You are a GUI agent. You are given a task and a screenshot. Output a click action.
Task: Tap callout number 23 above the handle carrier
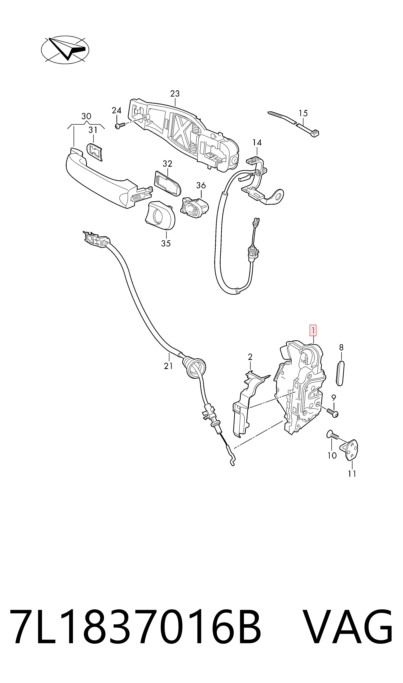coord(175,94)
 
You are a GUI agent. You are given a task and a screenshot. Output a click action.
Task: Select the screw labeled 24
coord(120,126)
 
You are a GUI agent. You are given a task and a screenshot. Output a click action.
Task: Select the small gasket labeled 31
coord(95,152)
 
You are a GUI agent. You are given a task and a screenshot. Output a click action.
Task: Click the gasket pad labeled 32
coord(167,183)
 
